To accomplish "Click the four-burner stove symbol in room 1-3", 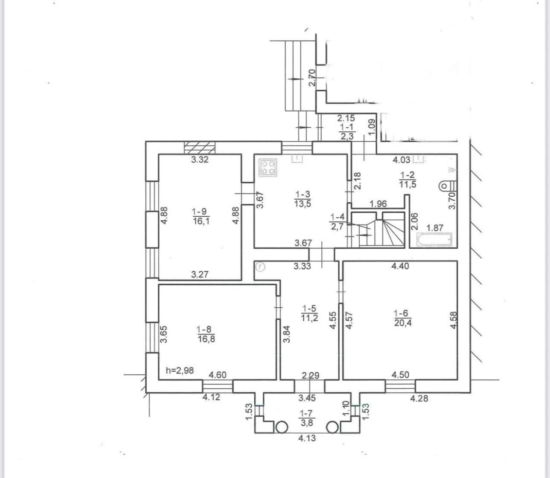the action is [x=268, y=168].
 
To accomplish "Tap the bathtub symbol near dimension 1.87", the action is [x=434, y=240].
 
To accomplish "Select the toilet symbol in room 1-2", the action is [x=448, y=186].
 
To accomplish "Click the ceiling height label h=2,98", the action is [x=180, y=370].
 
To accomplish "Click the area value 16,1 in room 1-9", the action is [x=201, y=222].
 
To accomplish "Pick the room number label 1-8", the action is [x=204, y=329].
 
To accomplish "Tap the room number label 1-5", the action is [x=309, y=309].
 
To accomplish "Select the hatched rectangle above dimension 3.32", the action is [x=200, y=148].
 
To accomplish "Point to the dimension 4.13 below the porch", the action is [x=307, y=438].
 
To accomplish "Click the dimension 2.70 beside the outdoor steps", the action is [x=311, y=78].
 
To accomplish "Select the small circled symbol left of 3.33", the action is [x=260, y=267].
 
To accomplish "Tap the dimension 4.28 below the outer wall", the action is [x=419, y=398].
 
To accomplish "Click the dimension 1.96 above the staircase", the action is [x=378, y=204].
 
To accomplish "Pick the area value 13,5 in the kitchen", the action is [x=303, y=204].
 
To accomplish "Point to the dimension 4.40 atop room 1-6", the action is [x=400, y=266].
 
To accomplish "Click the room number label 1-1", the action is [x=347, y=127].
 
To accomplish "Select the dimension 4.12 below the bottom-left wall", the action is [x=211, y=397].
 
